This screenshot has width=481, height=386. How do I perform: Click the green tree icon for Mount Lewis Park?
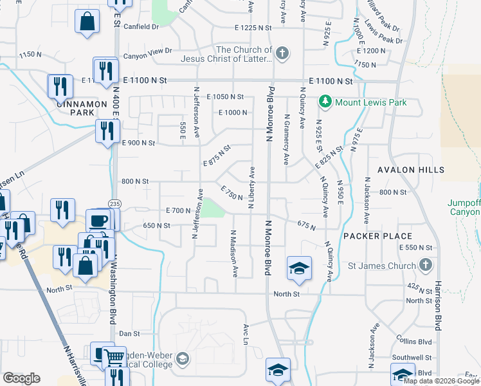click(x=325, y=102)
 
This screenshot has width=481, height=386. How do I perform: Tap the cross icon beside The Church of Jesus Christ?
click(x=282, y=54)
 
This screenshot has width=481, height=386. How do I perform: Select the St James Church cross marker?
click(x=424, y=264)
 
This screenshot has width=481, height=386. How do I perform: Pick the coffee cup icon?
click(x=99, y=221)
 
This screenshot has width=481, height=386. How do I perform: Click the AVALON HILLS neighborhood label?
click(x=411, y=170)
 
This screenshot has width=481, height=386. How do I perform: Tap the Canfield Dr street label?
click(x=141, y=27)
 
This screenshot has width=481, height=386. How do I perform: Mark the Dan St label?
click(x=129, y=334)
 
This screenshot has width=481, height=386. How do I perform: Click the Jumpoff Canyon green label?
click(x=464, y=207)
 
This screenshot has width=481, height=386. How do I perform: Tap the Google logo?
click(x=21, y=378)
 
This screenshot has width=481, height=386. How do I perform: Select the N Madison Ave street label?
click(x=234, y=253)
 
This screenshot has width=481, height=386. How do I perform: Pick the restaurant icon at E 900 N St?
click(x=105, y=131)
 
